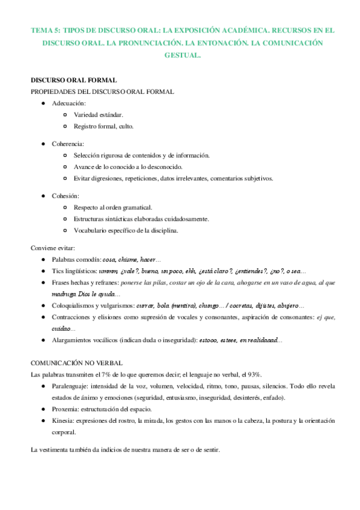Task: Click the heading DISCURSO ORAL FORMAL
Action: (73, 80)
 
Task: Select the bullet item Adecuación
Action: (69, 103)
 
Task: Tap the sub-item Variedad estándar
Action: (99, 115)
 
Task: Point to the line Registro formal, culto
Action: (103, 126)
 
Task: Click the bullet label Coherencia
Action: (68, 144)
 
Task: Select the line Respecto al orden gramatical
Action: (113, 207)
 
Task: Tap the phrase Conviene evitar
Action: (52, 248)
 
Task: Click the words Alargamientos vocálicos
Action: (84, 340)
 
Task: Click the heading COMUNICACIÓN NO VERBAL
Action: (77, 363)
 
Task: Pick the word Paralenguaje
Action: (72, 386)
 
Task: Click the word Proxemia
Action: (65, 409)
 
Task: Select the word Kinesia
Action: (63, 420)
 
